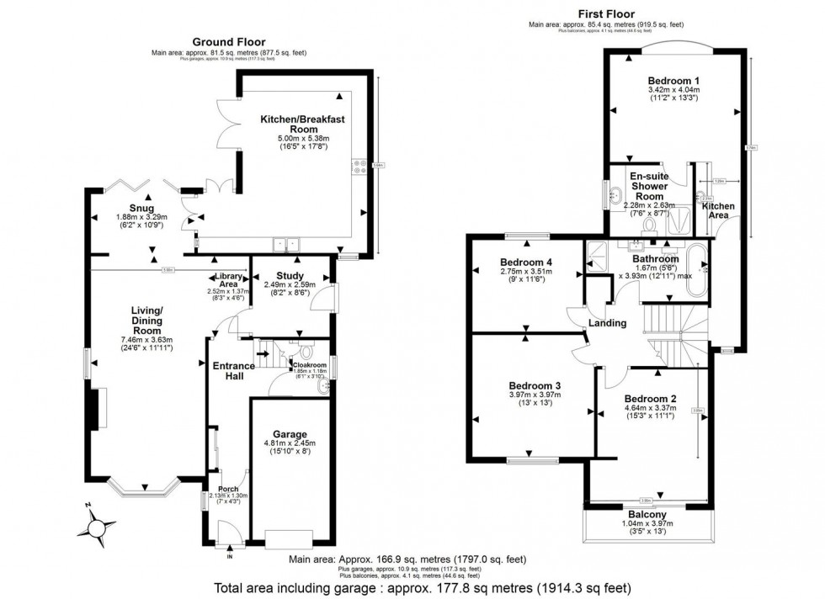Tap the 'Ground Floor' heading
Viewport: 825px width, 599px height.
[228, 42]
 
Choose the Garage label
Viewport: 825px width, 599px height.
[290, 434]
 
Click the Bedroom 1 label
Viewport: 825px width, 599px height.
[673, 79]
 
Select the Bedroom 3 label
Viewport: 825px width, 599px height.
[535, 385]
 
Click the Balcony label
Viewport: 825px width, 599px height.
[647, 514]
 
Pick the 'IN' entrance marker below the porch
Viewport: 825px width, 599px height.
[230, 557]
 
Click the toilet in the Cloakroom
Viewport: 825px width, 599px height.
[306, 353]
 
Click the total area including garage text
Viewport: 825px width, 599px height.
[423, 588]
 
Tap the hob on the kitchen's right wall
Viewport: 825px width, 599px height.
[357, 167]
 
